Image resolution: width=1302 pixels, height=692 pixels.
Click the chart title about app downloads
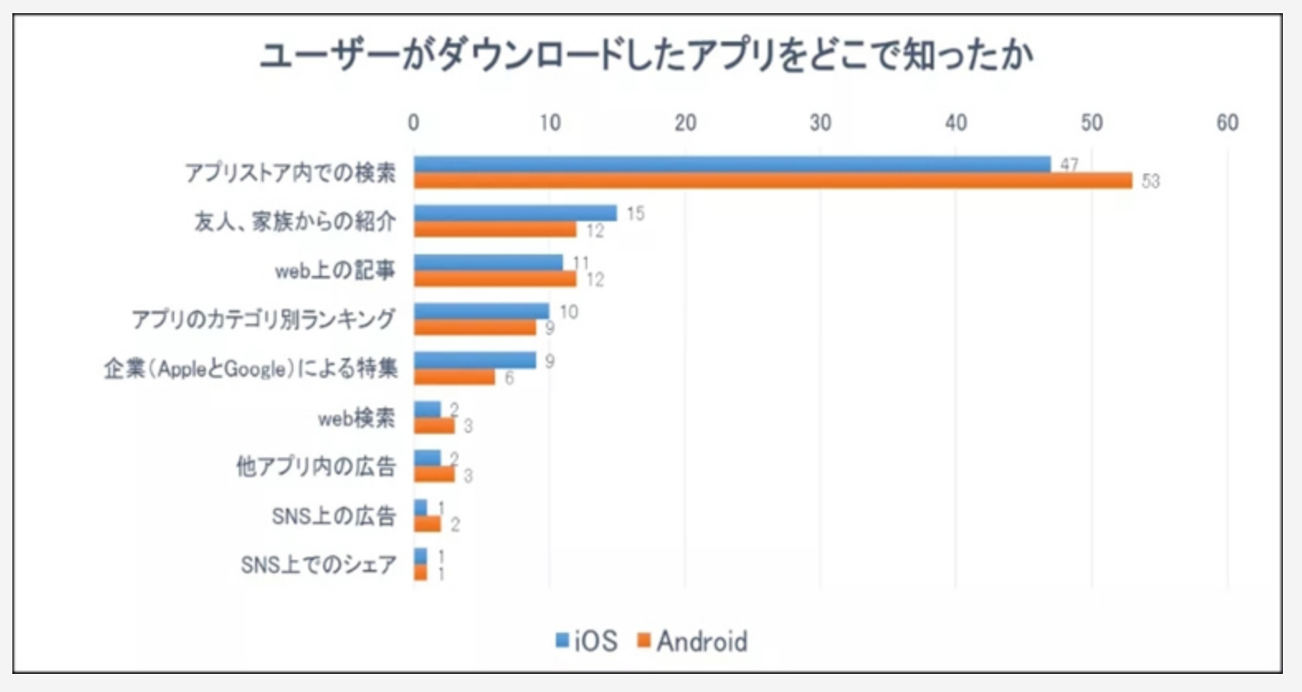(646, 56)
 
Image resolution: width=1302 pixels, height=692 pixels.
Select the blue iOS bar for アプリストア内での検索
(732, 164)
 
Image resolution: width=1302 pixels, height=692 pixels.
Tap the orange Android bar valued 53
(772, 181)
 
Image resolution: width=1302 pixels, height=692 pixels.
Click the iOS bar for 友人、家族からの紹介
(516, 213)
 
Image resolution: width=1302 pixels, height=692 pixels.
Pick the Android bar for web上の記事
(495, 279)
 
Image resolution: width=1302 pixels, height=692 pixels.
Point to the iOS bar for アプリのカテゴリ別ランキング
(481, 311)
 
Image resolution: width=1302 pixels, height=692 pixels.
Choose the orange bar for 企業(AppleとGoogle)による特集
(454, 377)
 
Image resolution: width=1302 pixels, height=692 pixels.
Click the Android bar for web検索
(435, 426)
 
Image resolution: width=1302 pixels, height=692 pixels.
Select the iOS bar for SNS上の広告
(421, 507)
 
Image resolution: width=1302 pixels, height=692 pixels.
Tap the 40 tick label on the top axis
(956, 123)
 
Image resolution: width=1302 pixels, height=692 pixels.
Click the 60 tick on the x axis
(1227, 123)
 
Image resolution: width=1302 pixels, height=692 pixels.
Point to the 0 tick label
(413, 123)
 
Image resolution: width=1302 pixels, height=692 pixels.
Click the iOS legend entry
(587, 641)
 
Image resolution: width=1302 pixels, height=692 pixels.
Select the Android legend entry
(693, 641)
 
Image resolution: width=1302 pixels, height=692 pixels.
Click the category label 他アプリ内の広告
(316, 467)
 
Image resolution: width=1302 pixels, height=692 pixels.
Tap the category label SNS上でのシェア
(319, 565)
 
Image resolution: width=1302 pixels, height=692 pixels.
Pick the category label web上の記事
(335, 270)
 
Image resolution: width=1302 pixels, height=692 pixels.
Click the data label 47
(1069, 164)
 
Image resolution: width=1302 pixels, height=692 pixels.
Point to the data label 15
(634, 214)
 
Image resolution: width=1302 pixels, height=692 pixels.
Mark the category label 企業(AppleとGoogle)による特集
(251, 368)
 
